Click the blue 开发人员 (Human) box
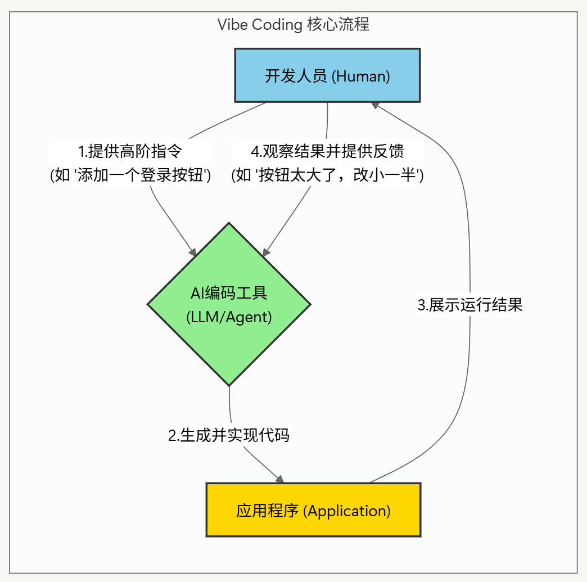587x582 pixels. (327, 75)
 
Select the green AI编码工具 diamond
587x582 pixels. (229, 304)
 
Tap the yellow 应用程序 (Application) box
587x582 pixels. (313, 510)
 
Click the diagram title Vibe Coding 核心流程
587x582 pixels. (293, 25)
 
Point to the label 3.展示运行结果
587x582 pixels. (470, 305)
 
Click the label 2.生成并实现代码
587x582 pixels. (229, 435)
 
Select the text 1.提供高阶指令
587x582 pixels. (130, 151)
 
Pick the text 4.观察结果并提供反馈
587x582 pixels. (327, 151)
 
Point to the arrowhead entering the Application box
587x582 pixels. (279, 479)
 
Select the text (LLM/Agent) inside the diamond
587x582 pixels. (229, 317)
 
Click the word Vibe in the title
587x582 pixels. (231, 25)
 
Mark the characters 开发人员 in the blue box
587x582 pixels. (296, 76)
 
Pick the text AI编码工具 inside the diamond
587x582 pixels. (229, 293)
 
